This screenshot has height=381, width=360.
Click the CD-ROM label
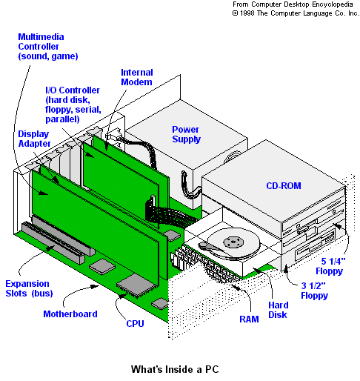[x=284, y=186]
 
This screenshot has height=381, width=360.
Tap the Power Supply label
[x=186, y=134]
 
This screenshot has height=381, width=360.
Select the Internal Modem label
[x=137, y=77]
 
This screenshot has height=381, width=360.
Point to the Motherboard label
[x=70, y=314]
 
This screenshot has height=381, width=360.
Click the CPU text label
[x=135, y=323]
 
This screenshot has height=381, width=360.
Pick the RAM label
[x=249, y=319]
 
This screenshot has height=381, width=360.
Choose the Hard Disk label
[x=279, y=310]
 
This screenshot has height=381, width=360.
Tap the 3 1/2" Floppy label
[x=314, y=291]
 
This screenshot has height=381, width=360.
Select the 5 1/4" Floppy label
[x=330, y=266]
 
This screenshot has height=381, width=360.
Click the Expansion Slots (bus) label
[x=29, y=288]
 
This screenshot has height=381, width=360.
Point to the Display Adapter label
[x=34, y=139]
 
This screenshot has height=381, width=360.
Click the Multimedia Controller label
[x=48, y=47]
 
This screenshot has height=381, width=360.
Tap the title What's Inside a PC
[x=175, y=369]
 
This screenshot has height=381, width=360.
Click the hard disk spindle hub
[x=233, y=242]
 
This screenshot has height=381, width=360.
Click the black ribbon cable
[x=170, y=214]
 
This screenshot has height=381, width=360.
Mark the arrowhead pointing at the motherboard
[x=95, y=286]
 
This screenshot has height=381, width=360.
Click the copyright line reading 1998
[x=296, y=13]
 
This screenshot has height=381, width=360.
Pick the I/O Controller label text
[x=73, y=105]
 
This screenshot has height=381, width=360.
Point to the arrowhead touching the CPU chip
[x=122, y=295]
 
